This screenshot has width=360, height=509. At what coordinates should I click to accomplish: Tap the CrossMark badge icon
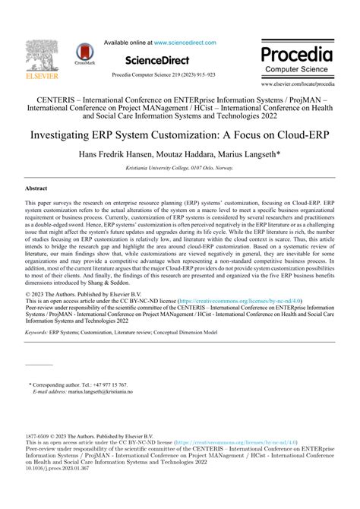coord(84,53)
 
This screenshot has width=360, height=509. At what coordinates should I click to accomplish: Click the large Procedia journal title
coord(297,54)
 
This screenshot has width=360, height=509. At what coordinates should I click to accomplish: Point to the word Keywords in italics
coord(38,332)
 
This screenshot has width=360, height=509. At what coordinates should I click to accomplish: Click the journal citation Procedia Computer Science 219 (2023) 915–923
coord(163,75)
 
